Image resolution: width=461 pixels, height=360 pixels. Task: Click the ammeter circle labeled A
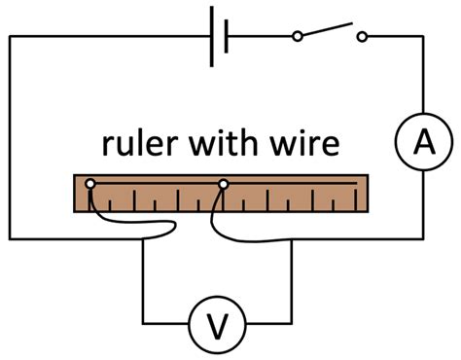pos(421,143)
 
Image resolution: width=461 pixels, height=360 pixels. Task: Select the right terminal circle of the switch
pos(362,38)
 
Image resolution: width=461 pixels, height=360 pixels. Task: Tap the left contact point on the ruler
pos(89,183)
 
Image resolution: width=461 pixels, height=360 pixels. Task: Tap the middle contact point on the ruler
pos(224,183)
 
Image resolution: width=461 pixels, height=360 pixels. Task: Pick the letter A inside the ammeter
pos(421,143)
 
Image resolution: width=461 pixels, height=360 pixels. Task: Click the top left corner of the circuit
pos(11,38)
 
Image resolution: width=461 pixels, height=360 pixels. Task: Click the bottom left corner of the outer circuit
pos(11,237)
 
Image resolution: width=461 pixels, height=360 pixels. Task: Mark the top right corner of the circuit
pos(421,38)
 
